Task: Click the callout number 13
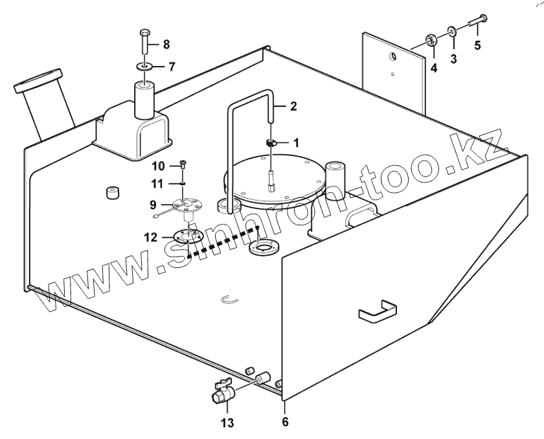tap(227, 424)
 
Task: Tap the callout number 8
tap(166, 44)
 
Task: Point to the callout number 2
tap(293, 106)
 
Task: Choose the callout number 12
tap(150, 238)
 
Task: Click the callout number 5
tap(478, 46)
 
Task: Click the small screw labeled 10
tap(183, 164)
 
